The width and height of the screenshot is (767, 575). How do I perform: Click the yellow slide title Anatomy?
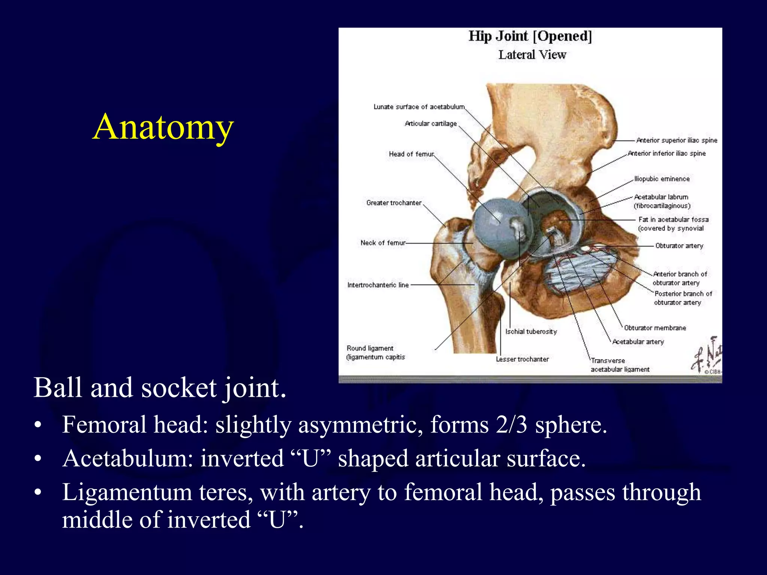[x=163, y=127]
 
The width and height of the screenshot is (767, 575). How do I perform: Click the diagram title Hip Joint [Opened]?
[x=530, y=36]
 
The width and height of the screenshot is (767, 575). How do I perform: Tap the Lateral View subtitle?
[x=532, y=55]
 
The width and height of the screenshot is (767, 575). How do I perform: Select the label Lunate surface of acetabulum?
[x=419, y=107]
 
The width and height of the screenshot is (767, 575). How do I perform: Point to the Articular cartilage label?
[x=431, y=124]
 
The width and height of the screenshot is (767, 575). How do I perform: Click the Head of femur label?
[x=411, y=154]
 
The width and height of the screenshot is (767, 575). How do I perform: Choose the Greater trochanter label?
[x=394, y=203]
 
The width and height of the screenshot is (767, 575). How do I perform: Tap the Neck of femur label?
[x=383, y=243]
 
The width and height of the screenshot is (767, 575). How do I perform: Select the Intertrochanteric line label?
[x=378, y=285]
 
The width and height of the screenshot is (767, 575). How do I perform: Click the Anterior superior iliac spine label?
[x=676, y=140]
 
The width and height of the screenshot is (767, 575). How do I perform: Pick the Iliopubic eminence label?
[x=662, y=179]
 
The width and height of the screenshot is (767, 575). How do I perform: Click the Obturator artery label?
[x=679, y=246]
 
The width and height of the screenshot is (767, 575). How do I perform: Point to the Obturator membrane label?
[x=655, y=328]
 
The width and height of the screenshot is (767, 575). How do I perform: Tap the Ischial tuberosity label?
[x=531, y=331]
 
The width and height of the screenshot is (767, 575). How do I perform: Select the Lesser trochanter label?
[x=522, y=359]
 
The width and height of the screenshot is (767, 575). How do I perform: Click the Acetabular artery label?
[x=638, y=341]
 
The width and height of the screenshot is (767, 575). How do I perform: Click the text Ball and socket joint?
[x=160, y=388]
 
